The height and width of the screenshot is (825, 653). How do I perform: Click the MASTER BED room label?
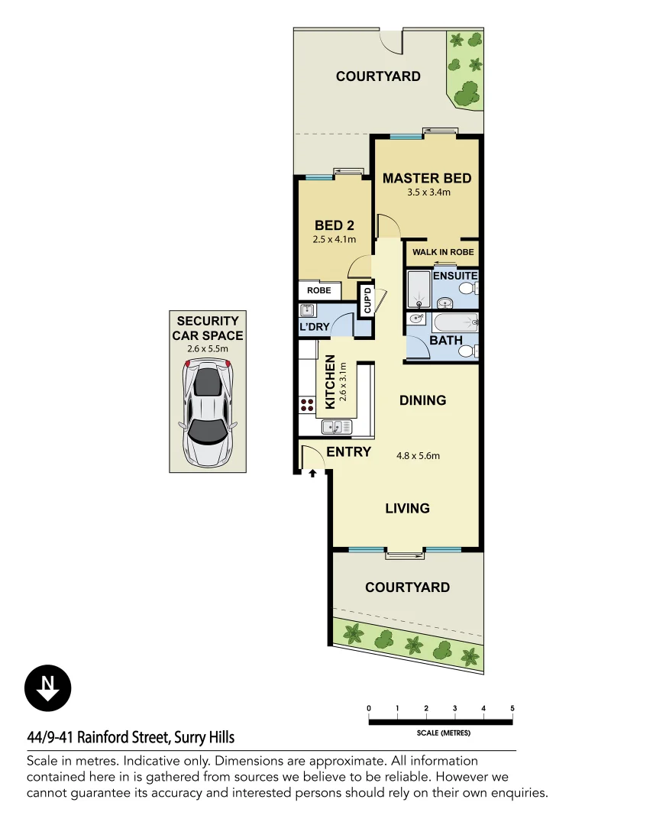coord(427,178)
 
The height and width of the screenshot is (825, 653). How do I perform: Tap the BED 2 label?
coord(334,225)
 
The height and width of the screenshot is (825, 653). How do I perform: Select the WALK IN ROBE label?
coord(443,252)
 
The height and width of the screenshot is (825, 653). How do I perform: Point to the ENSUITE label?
coord(455,276)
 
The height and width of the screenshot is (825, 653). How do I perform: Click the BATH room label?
coord(445,340)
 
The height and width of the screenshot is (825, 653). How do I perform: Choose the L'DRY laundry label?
coord(314,328)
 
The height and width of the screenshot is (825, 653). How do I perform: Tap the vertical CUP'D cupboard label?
coord(367,299)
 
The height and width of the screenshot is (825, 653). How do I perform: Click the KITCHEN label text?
coord(331,381)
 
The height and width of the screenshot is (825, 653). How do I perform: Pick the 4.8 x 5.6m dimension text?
coord(418,456)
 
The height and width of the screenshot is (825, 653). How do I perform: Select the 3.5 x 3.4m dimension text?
coord(428,192)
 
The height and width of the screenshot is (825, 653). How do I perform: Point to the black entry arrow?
coord(312,474)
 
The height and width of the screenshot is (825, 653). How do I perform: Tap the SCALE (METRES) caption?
coord(444,733)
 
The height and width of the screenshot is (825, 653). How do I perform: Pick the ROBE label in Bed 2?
coord(318,291)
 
